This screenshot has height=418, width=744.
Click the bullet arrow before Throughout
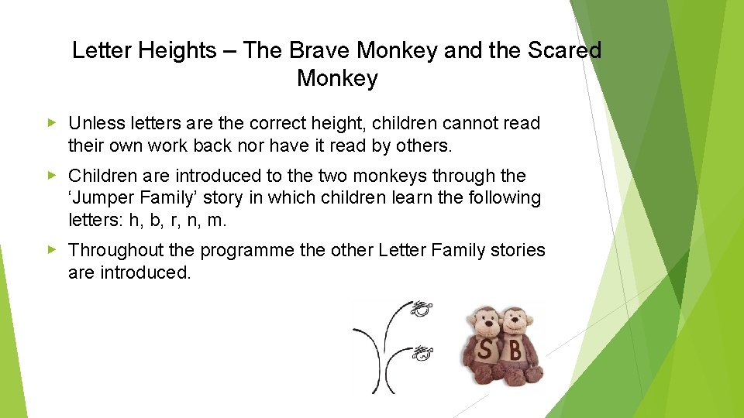52,250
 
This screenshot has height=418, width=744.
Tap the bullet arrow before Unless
52,123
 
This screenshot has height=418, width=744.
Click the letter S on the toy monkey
484,351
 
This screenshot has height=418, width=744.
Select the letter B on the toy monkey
515,351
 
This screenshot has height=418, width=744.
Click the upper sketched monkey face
421,311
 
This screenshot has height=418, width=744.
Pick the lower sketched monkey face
421,355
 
